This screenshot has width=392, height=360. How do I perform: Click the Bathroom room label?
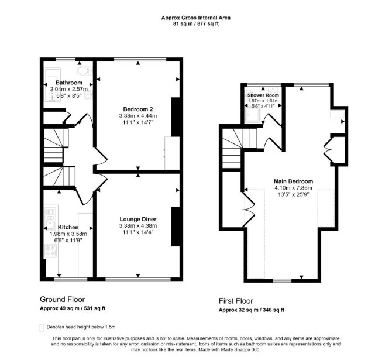click(69, 83)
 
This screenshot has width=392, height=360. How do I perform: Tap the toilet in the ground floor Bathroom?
click(84, 70)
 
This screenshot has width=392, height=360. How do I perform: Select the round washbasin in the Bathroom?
click(88, 95)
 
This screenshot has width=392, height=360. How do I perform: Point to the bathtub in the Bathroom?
click(52, 85)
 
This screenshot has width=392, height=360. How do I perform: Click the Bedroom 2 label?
click(138, 109)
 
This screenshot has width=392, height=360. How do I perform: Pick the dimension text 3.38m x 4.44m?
click(138, 116)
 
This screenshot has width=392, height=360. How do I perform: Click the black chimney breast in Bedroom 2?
click(176, 117)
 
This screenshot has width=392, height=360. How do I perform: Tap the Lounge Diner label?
click(138, 219)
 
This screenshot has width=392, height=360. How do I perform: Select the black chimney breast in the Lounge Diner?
click(176, 227)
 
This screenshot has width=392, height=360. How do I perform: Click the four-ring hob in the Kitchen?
click(51, 251)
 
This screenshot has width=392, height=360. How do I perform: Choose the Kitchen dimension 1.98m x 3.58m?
click(68, 234)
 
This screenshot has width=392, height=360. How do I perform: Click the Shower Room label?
click(263, 95)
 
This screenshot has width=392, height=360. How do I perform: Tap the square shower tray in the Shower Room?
click(253, 115)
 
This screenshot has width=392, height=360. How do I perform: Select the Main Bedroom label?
click(293, 181)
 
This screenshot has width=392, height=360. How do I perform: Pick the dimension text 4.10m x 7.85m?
click(293, 188)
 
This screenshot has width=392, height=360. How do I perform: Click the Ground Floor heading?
click(62, 300)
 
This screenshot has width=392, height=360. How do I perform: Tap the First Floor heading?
click(236, 301)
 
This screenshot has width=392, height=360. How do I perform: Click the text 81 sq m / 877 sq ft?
click(196, 24)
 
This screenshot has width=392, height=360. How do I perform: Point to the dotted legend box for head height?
click(42, 328)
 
